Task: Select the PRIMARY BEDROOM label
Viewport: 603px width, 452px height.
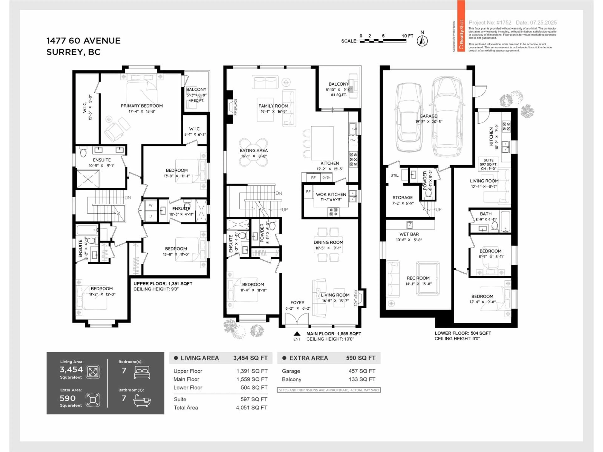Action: pyautogui.click(x=142, y=106)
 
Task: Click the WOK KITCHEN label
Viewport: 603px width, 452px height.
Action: pyautogui.click(x=331, y=194)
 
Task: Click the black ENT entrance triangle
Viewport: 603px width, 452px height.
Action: pyautogui.click(x=297, y=334)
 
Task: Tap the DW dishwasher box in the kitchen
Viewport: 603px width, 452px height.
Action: pyautogui.click(x=353, y=140)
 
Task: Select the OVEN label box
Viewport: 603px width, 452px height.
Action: pyautogui.click(x=326, y=177)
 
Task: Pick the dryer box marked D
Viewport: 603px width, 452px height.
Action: pyautogui.click(x=150, y=216)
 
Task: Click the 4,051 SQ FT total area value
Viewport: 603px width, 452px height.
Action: pyautogui.click(x=251, y=408)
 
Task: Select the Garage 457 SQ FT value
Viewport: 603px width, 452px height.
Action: pyautogui.click(x=362, y=371)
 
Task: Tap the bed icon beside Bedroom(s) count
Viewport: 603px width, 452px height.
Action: pyautogui.click(x=142, y=372)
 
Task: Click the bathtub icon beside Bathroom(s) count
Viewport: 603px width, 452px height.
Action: pyautogui.click(x=142, y=400)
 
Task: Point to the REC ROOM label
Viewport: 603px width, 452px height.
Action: pyautogui.click(x=418, y=278)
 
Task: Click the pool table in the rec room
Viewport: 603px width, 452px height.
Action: pyautogui.click(x=427, y=278)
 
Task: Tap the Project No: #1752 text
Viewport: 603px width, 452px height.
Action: pyautogui.click(x=490, y=23)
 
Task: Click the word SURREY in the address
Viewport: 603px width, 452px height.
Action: pyautogui.click(x=65, y=52)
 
